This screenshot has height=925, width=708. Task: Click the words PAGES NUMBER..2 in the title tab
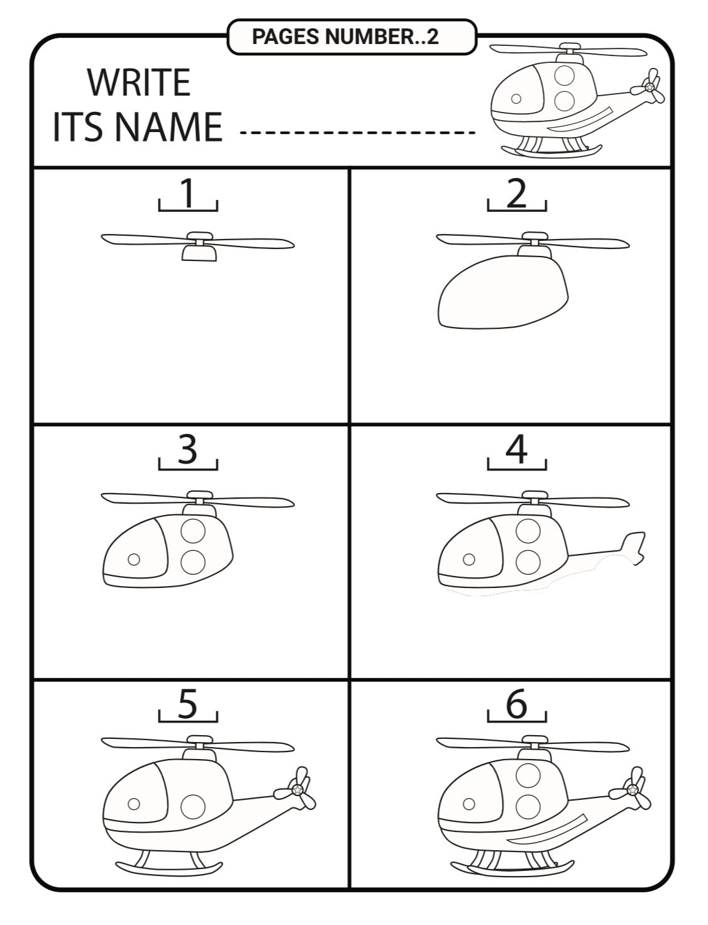coord(345,36)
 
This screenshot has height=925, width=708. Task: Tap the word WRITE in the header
coord(139,82)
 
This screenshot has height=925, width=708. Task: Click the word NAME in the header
coord(168,126)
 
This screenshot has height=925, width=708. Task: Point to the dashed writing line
coord(357,133)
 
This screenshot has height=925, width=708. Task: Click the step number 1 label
coord(187,193)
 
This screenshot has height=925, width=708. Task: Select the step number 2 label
coord(516,193)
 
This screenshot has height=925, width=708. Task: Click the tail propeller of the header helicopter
coord(648,86)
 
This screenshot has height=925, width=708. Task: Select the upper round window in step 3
coord(193,531)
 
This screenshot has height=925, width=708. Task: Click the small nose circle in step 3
coord(133,559)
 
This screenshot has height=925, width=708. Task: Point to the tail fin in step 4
coord(633,548)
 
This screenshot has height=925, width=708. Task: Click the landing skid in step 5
coord(169,868)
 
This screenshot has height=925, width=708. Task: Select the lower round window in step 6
coord(528,806)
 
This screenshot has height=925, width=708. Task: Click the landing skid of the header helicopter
coord(552,151)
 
